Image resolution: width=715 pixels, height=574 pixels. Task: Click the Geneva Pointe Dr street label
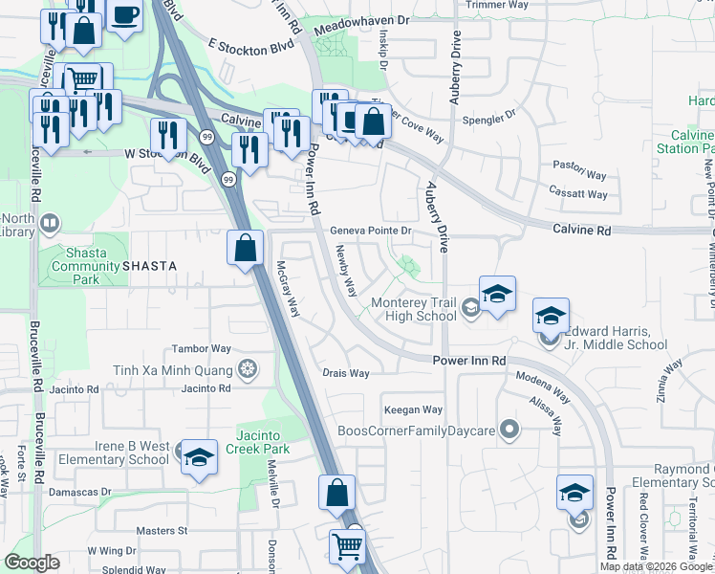coord(371,231)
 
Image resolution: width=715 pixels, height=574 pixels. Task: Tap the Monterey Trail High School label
coord(414,309)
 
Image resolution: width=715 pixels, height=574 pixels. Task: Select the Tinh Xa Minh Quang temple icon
coord(248,369)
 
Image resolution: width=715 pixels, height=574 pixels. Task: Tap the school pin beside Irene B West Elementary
coord(199,460)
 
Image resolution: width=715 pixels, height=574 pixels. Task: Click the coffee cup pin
coord(124,15)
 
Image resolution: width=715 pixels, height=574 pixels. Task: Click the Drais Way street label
coord(346,373)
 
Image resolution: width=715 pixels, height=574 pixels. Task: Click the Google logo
coord(32,563)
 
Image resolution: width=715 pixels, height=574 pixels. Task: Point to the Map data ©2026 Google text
coord(655,566)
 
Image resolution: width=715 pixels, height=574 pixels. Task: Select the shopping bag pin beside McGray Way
coord(246,249)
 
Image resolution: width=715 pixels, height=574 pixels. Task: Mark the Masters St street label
coord(161,530)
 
